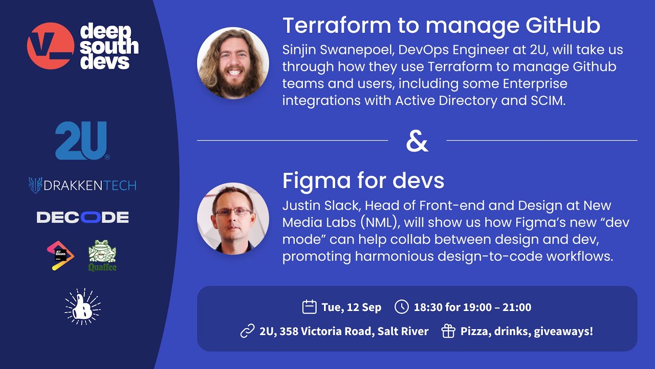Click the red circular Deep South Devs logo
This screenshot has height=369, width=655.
point(51,46)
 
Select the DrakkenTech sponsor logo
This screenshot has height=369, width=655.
point(82,185)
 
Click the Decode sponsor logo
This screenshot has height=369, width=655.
point(82,217)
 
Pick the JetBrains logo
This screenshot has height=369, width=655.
point(60,256)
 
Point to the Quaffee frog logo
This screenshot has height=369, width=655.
point(102,255)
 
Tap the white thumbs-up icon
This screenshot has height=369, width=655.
point(82,307)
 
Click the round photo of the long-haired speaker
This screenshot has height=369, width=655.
point(233,64)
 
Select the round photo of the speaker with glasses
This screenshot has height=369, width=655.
point(233,218)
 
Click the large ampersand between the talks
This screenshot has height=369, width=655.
point(417,141)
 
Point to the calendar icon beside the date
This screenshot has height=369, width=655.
point(309,307)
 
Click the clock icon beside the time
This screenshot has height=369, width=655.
point(402,307)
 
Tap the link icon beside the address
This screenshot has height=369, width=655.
point(247,332)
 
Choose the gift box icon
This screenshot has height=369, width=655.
point(448,332)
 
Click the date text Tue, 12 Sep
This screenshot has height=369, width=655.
point(351,307)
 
